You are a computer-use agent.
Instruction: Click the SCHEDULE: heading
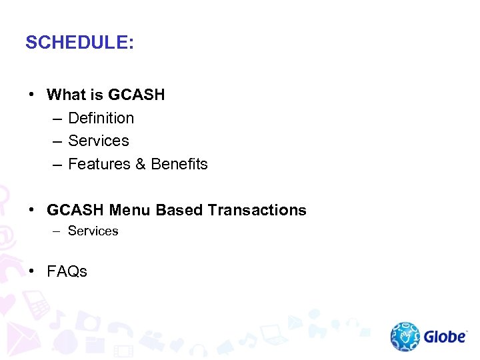[79, 43]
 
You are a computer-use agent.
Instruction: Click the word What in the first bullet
[67, 95]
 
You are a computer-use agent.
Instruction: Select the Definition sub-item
[101, 118]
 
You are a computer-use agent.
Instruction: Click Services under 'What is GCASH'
[99, 141]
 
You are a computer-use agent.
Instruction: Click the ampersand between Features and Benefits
[140, 164]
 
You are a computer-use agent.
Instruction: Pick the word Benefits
[179, 164]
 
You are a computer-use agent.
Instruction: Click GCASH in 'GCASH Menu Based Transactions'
[75, 210]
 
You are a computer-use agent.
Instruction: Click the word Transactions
[257, 210]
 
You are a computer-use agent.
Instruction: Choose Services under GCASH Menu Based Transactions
[93, 231]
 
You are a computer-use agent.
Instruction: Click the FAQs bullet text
[67, 271]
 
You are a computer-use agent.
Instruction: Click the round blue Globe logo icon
[405, 337]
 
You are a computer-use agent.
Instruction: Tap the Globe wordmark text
[445, 337]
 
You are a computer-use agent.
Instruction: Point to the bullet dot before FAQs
[32, 271]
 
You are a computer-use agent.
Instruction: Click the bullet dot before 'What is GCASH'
[32, 95]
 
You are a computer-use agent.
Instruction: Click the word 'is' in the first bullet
[97, 95]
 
